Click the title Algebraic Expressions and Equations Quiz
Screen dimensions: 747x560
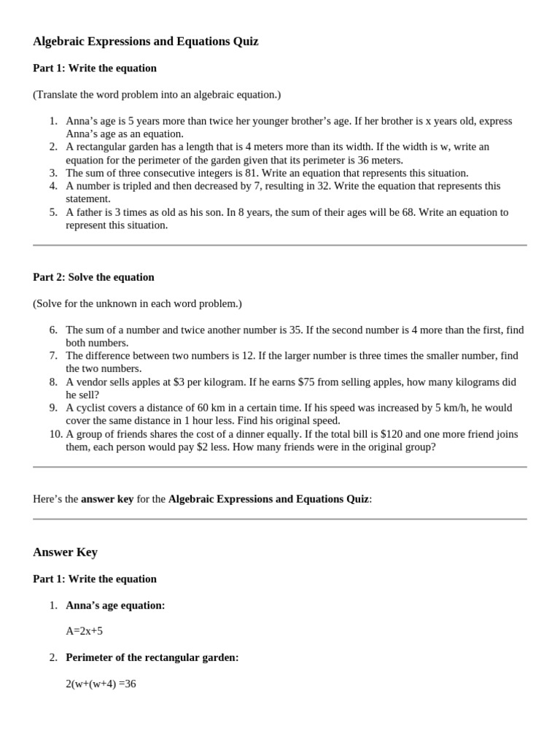[x=146, y=42]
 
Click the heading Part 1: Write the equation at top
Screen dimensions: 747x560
[x=95, y=68]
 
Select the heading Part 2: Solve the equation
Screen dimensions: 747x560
[x=93, y=277]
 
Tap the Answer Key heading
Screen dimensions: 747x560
[x=65, y=552]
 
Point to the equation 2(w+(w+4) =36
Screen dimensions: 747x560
[x=101, y=684]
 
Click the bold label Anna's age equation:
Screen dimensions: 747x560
[x=115, y=605]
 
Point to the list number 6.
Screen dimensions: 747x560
[x=53, y=330]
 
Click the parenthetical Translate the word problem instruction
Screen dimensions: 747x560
[x=157, y=94]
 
